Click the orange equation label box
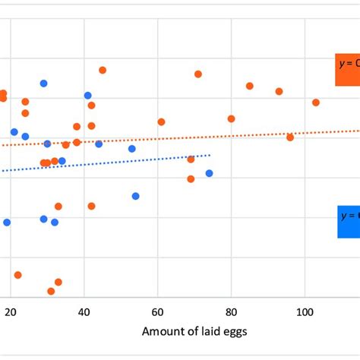point(348,71)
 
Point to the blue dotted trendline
point(114,163)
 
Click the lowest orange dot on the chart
point(51,291)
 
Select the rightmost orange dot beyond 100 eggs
point(316,103)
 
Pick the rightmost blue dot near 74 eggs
point(209,173)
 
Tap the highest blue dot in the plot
point(43,84)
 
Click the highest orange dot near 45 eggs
point(103,70)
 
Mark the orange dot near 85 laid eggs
point(249,86)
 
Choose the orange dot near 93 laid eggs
point(279,91)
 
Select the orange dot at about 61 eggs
point(161,122)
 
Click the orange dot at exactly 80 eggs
point(231,118)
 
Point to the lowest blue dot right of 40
point(135,196)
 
